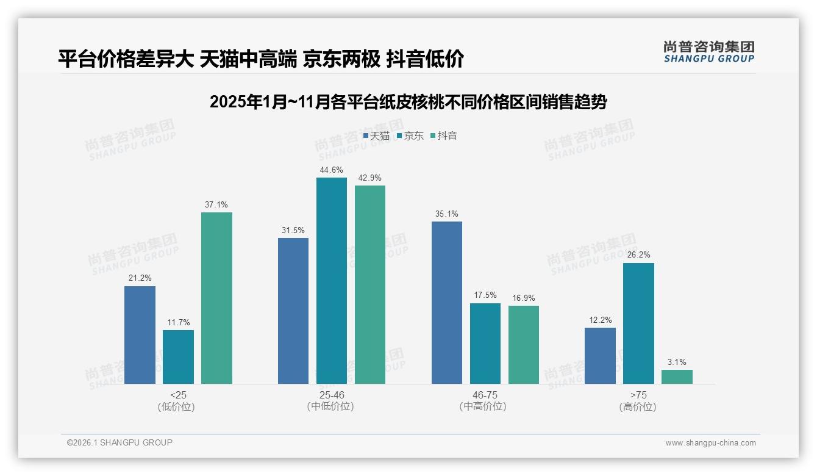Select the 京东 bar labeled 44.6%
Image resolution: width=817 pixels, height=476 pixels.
click(331, 281)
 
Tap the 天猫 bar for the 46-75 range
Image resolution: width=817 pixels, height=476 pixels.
click(447, 303)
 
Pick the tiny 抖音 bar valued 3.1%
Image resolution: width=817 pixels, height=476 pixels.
click(677, 377)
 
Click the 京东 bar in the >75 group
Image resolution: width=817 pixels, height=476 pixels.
click(638, 323)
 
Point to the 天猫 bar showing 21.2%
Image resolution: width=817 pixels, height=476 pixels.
click(140, 335)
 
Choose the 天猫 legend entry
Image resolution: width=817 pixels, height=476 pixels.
click(376, 136)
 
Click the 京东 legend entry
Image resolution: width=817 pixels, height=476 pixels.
click(410, 136)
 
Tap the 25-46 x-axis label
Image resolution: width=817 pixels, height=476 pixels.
click(331, 395)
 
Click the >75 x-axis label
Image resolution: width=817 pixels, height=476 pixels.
click(638, 395)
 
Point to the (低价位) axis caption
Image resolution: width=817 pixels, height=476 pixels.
click(176, 406)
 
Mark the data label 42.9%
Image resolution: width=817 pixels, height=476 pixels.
click(369, 178)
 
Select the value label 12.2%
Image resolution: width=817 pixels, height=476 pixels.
click(600, 320)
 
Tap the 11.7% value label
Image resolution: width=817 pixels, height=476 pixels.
click(178, 323)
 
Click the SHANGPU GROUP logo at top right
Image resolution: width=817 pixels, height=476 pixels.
click(708, 52)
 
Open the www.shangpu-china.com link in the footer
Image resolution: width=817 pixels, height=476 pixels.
click(710, 443)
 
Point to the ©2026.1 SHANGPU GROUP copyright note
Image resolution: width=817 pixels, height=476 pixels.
click(120, 442)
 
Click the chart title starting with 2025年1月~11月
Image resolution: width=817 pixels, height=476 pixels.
click(408, 102)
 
